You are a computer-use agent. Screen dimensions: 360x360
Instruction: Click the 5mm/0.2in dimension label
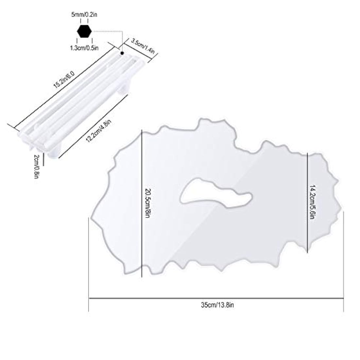pos(84,15)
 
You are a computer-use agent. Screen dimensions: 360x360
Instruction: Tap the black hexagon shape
pos(84,31)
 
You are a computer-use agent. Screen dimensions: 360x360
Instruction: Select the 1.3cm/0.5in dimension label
pos(84,48)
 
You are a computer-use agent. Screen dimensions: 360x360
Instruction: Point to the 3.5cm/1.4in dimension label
pos(143,46)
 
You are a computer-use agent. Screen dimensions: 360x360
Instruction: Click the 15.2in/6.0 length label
pos(64,80)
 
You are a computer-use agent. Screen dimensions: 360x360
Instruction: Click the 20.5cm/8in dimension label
pos(148,203)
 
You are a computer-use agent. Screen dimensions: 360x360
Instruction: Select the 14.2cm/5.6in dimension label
pos(312,202)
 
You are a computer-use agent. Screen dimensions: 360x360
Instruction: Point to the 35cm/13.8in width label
pos(217,305)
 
